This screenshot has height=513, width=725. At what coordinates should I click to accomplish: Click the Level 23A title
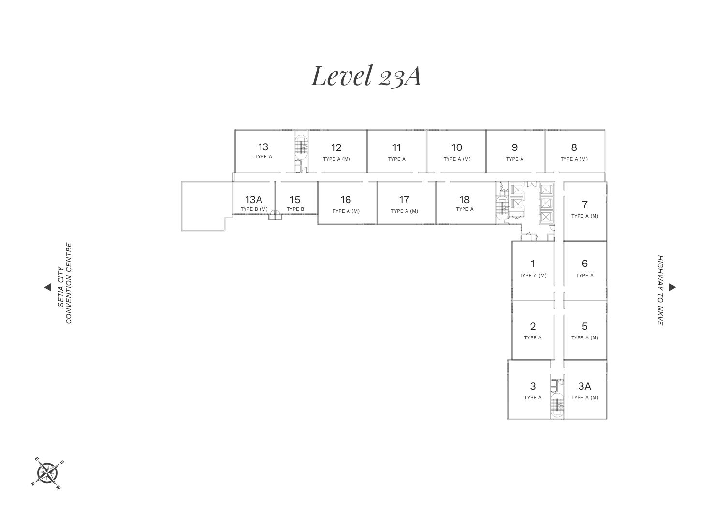pyautogui.click(x=365, y=76)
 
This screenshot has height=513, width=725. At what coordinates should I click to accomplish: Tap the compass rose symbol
pyautogui.click(x=47, y=472)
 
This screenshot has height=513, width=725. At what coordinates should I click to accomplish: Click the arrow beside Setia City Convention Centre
pyautogui.click(x=47, y=287)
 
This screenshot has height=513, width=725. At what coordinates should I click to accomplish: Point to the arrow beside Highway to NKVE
pyautogui.click(x=672, y=287)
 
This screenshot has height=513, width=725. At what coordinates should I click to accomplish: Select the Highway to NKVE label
pyautogui.click(x=660, y=290)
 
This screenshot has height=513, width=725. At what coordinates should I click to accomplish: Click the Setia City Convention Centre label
pyautogui.click(x=65, y=283)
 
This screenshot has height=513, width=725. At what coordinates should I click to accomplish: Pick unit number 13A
pyautogui.click(x=254, y=200)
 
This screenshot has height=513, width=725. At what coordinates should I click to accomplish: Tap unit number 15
pyautogui.click(x=295, y=200)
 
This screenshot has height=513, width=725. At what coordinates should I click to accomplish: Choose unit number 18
pyautogui.click(x=464, y=200)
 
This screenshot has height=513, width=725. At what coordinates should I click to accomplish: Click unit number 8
pyautogui.click(x=574, y=147)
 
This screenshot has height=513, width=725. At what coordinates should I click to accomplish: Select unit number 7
pyautogui.click(x=584, y=205)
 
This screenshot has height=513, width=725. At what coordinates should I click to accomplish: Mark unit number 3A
pyautogui.click(x=584, y=386)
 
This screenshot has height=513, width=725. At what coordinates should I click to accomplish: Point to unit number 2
pyautogui.click(x=533, y=326)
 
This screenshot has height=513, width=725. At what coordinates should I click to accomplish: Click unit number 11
pyautogui.click(x=396, y=147)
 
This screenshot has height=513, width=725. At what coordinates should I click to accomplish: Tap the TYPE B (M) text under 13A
pyautogui.click(x=254, y=209)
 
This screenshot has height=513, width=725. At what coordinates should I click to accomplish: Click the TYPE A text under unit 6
pyautogui.click(x=584, y=276)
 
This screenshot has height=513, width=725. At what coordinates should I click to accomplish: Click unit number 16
pyautogui.click(x=345, y=200)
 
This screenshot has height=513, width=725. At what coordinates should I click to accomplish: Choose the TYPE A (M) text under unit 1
pyautogui.click(x=533, y=276)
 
